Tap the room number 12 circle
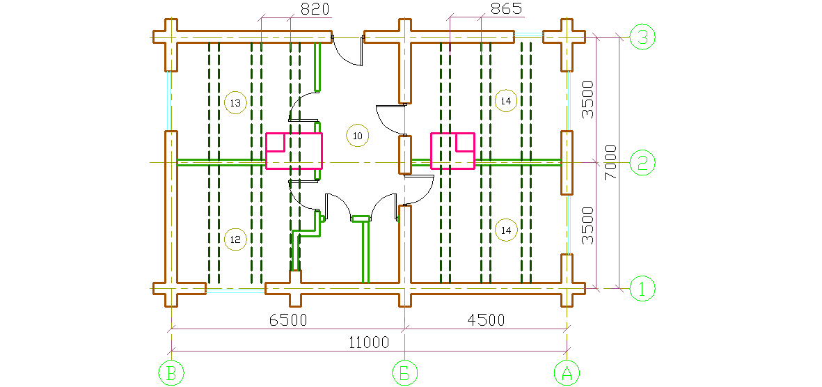(235, 239)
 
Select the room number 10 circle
(357, 135)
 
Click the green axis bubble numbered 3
(642, 37)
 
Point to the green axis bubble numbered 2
(642, 163)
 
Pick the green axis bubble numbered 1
(642, 287)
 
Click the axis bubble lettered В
(171, 373)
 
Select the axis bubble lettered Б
(404, 373)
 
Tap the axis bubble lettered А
(567, 373)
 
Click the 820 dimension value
(314, 10)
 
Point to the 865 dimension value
(506, 10)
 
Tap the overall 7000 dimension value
(610, 163)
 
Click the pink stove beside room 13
(294, 150)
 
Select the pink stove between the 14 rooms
(452, 150)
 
